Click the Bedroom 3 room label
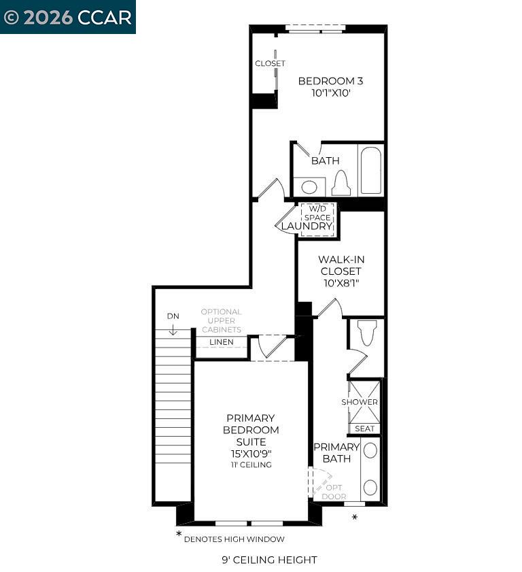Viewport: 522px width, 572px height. tap(330, 81)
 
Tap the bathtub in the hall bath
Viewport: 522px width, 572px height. tap(371, 170)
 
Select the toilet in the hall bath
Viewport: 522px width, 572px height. tap(341, 184)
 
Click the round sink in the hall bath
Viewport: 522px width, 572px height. tap(309, 187)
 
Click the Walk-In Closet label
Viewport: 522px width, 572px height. tap(341, 271)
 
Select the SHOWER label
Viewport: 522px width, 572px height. tap(360, 402)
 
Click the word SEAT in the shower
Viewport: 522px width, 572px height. tap(364, 428)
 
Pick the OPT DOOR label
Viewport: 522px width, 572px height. tap(334, 492)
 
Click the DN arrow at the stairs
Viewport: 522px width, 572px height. tap(173, 329)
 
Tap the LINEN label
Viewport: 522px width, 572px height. tap(221, 342)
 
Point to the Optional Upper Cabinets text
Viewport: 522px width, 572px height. tap(221, 320)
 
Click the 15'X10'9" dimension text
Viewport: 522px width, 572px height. tap(251, 453)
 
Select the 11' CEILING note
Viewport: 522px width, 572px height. tap(251, 465)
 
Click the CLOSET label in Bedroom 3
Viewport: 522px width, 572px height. tap(270, 63)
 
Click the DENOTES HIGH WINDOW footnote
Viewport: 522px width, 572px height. tap(234, 539)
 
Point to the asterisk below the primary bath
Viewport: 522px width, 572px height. tap(355, 518)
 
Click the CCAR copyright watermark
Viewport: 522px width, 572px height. tap(67, 17)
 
